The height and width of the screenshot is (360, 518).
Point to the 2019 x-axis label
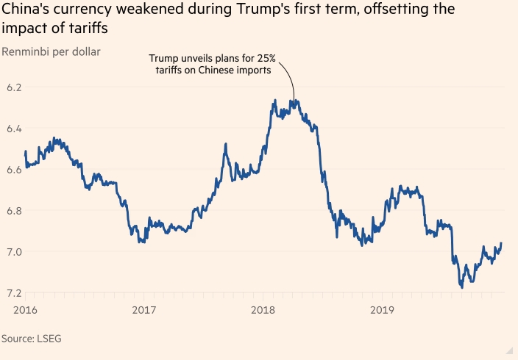pos(382,309)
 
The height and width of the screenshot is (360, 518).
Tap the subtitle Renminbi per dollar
pos(52,51)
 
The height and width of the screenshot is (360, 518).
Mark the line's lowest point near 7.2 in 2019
pos(462,287)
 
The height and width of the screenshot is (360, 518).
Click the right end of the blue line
pos(502,243)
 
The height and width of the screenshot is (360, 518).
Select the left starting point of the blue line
pos(25,152)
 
